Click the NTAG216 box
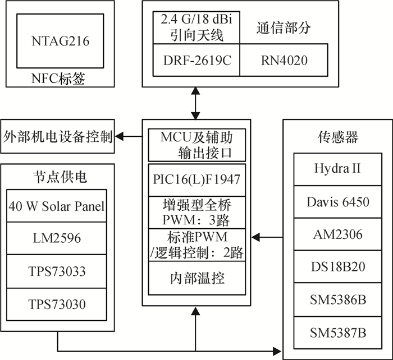(x=60, y=40)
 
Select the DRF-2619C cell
(x=196, y=60)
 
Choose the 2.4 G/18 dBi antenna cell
(x=196, y=27)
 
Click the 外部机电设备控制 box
(x=57, y=136)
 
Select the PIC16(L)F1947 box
(x=196, y=180)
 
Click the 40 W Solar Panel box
(x=57, y=206)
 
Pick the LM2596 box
(x=57, y=238)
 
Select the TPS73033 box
(x=57, y=271)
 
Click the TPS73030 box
(x=57, y=304)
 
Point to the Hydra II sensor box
(x=338, y=168)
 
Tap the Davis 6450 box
(x=338, y=201)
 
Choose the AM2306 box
(x=338, y=234)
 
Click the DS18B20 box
(x=338, y=267)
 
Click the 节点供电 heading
(x=57, y=177)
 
